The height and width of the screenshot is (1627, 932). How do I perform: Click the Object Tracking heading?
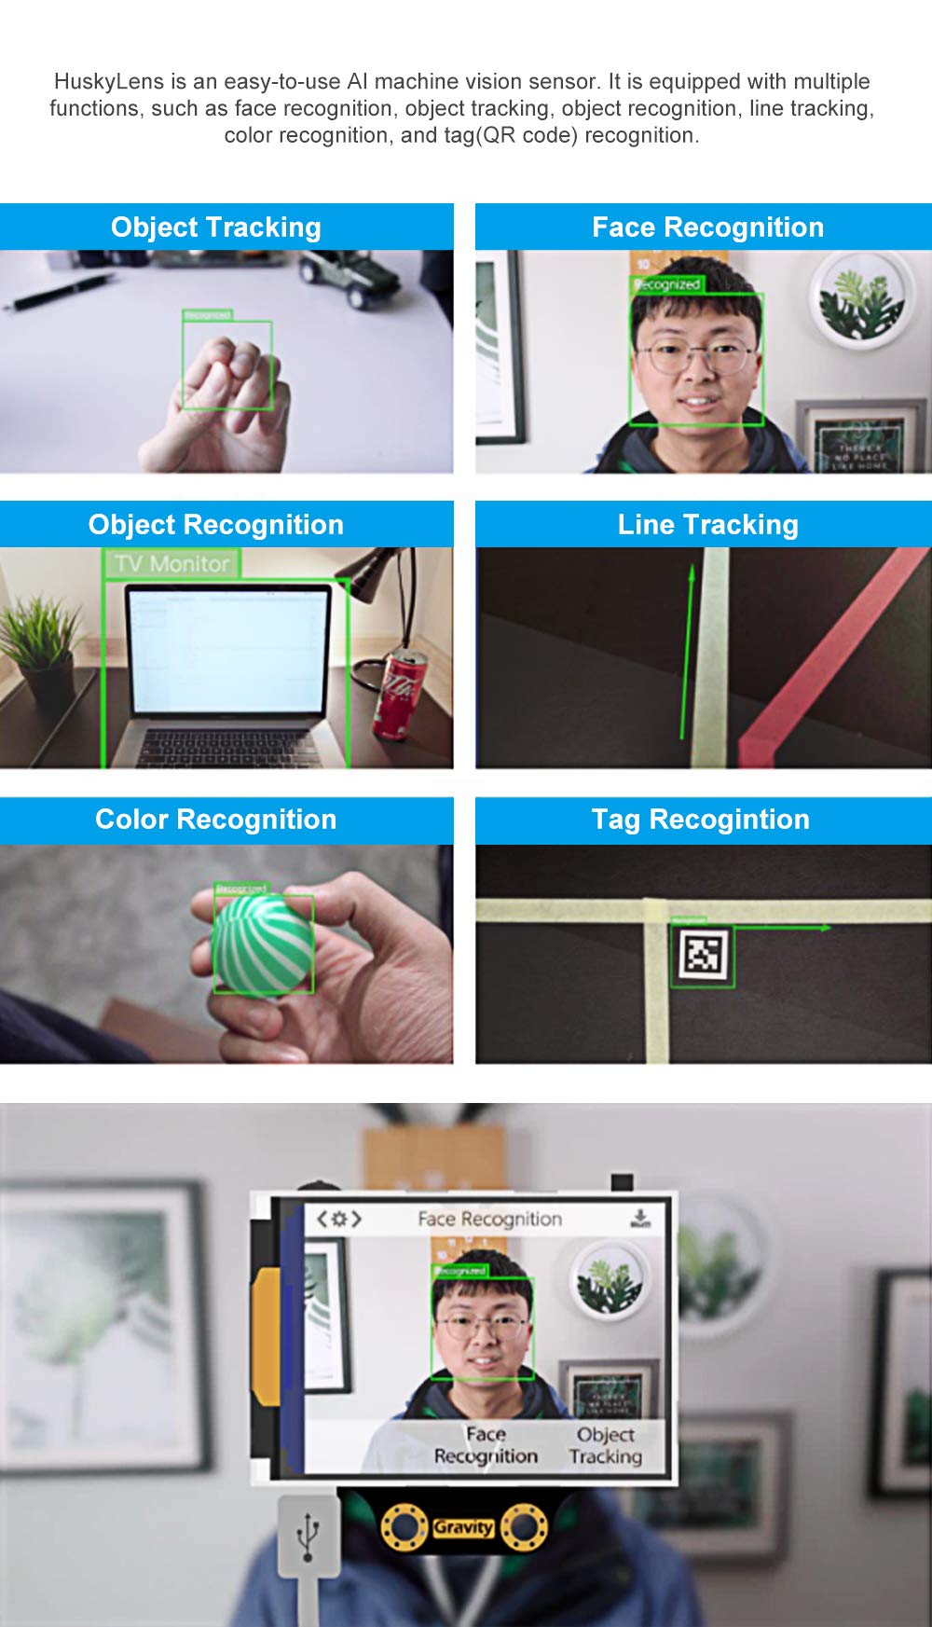click(x=215, y=228)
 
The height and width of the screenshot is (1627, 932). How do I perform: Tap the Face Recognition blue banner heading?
click(x=707, y=228)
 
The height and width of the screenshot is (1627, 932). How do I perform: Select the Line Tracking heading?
click(x=707, y=525)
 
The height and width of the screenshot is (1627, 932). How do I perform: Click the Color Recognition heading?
click(x=215, y=820)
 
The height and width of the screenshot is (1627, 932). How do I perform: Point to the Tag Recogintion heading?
click(x=700, y=820)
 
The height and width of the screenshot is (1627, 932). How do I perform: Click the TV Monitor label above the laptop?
click(x=171, y=564)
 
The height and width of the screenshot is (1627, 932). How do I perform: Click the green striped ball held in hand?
click(x=263, y=944)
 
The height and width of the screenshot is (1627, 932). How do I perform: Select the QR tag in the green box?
click(x=703, y=954)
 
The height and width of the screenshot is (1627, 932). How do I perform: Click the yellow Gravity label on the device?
click(x=462, y=1527)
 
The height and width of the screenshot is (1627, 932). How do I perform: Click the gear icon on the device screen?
click(x=338, y=1219)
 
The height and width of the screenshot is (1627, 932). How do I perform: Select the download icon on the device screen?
click(x=640, y=1219)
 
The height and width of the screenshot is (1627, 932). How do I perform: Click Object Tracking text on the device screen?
click(x=606, y=1445)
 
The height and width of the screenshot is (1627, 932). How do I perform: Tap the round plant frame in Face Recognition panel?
click(x=859, y=300)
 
